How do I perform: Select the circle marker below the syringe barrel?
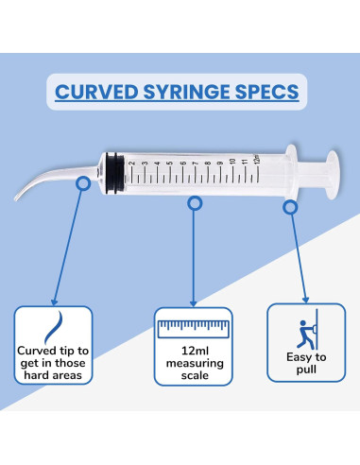pos(195,203)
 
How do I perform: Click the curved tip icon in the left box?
pos(54,327)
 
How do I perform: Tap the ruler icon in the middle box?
pos(194,329)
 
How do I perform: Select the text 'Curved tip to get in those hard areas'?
pos(54,364)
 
